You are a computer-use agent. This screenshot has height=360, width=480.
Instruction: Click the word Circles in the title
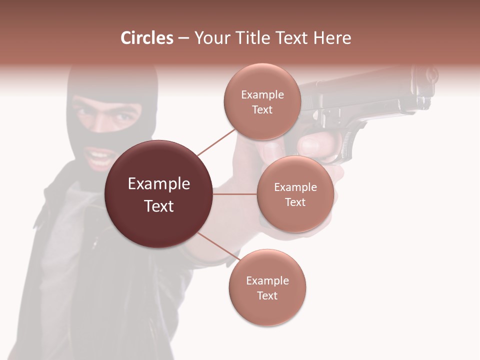[146, 38]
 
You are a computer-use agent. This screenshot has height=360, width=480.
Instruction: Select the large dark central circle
[158, 194]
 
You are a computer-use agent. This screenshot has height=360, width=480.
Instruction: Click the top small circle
[262, 102]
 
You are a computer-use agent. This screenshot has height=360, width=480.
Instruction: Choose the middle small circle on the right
[295, 194]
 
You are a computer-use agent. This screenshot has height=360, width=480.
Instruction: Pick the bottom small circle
[267, 287]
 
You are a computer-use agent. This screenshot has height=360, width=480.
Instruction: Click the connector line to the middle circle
[235, 194]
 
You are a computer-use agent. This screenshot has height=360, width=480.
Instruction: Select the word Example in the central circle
[158, 184]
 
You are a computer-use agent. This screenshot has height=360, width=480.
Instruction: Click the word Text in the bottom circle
[267, 295]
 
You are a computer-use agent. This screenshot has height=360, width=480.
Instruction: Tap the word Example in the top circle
[262, 95]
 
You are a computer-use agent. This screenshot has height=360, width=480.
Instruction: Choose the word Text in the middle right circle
[295, 202]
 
